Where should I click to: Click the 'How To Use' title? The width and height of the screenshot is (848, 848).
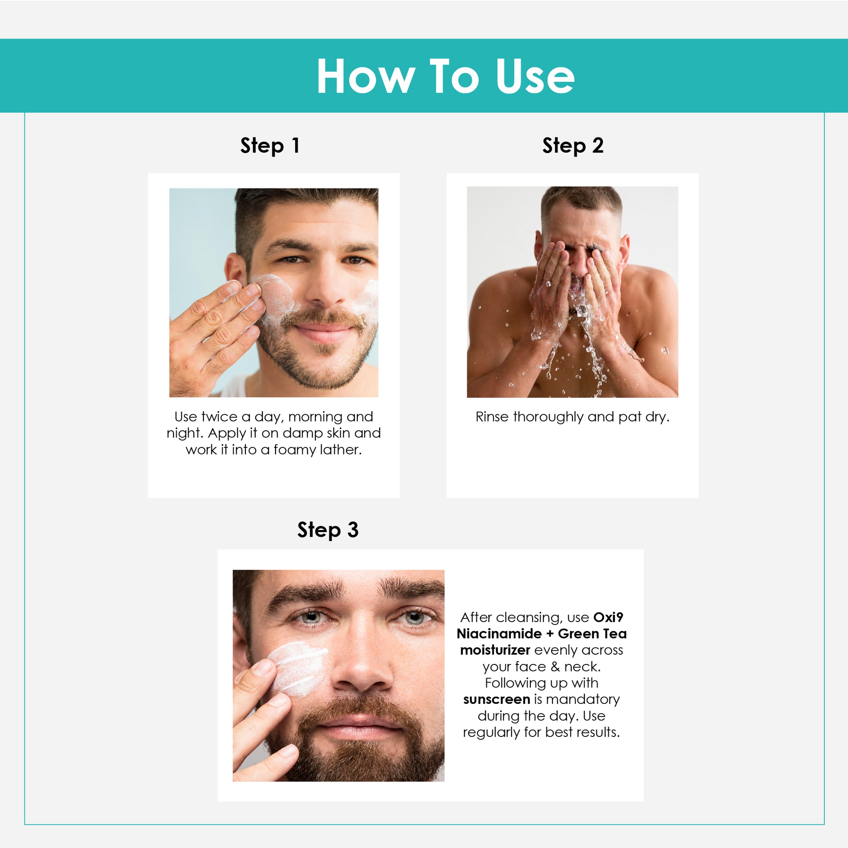click(x=445, y=76)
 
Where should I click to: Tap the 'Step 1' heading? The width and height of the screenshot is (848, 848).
click(x=270, y=146)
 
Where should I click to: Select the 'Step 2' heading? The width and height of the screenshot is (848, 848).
click(x=573, y=146)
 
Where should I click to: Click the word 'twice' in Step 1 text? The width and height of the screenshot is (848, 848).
click(x=220, y=416)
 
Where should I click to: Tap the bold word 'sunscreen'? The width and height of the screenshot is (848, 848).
click(x=497, y=699)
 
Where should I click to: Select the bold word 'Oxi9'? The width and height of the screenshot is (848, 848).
click(x=608, y=617)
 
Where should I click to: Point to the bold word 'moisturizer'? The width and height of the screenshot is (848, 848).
click(x=496, y=650)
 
